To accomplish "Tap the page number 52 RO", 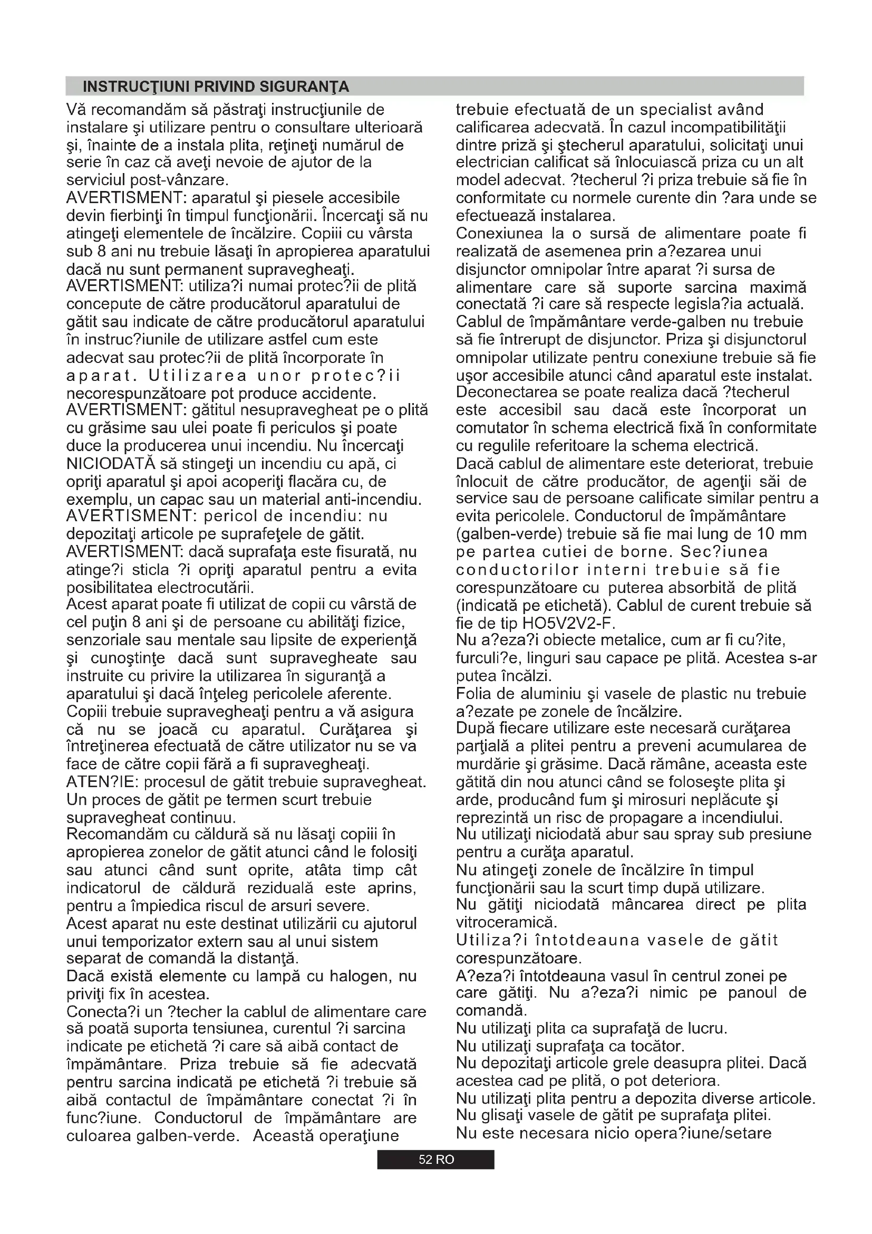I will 436,1159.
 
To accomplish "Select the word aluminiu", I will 541,694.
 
